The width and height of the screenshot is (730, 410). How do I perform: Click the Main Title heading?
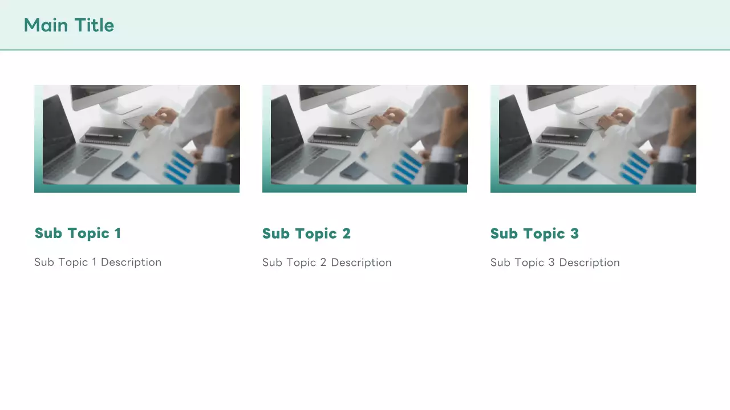coord(69,26)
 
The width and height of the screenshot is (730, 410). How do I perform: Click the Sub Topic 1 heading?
coord(78,233)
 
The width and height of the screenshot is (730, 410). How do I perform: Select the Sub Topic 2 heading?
coord(306,233)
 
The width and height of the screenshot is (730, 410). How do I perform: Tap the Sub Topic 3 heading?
coord(534,233)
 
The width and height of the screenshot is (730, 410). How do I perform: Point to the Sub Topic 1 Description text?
coord(98,263)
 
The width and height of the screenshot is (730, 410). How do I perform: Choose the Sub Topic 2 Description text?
coord(327,263)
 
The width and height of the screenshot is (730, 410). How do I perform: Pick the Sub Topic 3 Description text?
coord(555,263)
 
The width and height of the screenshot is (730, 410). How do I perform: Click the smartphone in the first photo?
coord(125,170)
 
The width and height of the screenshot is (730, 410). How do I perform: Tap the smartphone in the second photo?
coord(354,170)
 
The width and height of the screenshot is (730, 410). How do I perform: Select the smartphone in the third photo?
coord(582,170)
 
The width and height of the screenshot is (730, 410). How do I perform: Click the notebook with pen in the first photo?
coord(108,135)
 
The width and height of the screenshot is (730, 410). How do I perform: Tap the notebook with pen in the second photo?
coord(336,135)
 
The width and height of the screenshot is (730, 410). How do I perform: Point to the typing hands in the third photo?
coord(615,118)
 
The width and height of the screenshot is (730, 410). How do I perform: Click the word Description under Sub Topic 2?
coord(362,263)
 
